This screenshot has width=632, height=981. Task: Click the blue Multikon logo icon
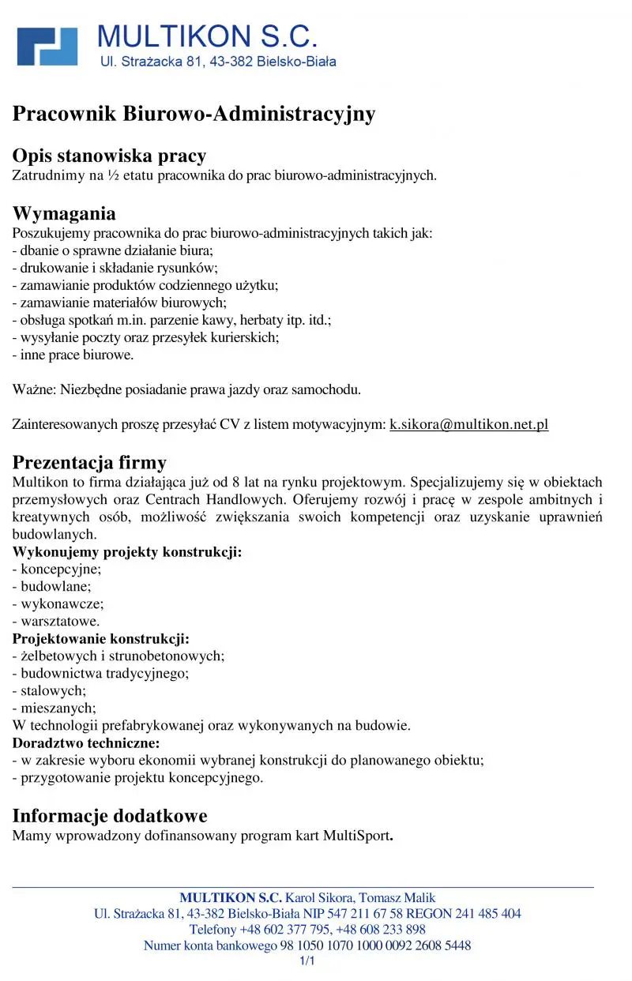point(47,46)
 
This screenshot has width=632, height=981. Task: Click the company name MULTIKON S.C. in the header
point(207,37)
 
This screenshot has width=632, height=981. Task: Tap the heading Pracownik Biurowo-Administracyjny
point(194,114)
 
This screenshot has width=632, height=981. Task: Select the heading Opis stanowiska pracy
point(109,155)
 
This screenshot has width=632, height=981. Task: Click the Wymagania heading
point(64,213)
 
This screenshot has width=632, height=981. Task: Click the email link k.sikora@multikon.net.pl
point(468,424)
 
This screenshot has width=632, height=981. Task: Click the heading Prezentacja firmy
point(89,462)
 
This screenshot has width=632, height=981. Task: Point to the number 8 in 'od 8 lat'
point(236,482)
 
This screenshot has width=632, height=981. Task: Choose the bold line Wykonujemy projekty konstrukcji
point(127,551)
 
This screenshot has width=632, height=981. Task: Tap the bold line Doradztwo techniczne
point(86,742)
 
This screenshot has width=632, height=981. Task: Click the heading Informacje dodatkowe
point(110,815)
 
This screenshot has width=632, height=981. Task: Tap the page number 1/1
point(307,961)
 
